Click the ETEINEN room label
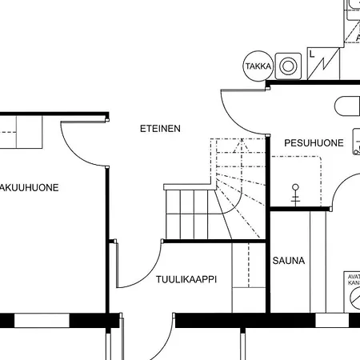point(160,128)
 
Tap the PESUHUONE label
point(314,143)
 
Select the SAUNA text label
point(288,261)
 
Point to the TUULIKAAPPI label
point(187,280)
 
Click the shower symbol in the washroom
point(294,194)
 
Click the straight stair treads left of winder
point(188,214)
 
